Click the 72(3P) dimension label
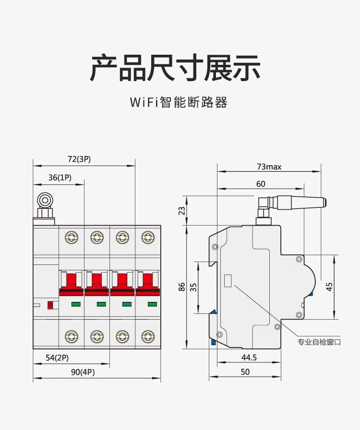tap(79, 159)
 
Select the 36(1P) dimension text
tap(60, 178)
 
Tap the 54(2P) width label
tap(57, 358)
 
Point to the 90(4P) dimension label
tap(83, 372)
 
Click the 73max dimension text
tap(269, 167)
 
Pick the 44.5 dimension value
tap(249, 358)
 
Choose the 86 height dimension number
tap(181, 287)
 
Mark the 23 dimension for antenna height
tap(181, 211)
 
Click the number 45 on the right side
tap(329, 287)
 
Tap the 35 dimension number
tap(193, 287)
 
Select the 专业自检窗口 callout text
tap(319, 342)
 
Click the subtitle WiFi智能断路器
tap(179, 102)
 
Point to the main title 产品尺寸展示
tap(175, 68)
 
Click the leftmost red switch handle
tap(72, 284)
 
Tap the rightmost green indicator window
tap(152, 304)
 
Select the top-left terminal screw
tap(72, 238)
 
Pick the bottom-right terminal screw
tap(148, 336)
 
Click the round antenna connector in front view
tap(45, 201)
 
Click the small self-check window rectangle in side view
tap(228, 281)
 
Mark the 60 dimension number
tap(261, 184)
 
